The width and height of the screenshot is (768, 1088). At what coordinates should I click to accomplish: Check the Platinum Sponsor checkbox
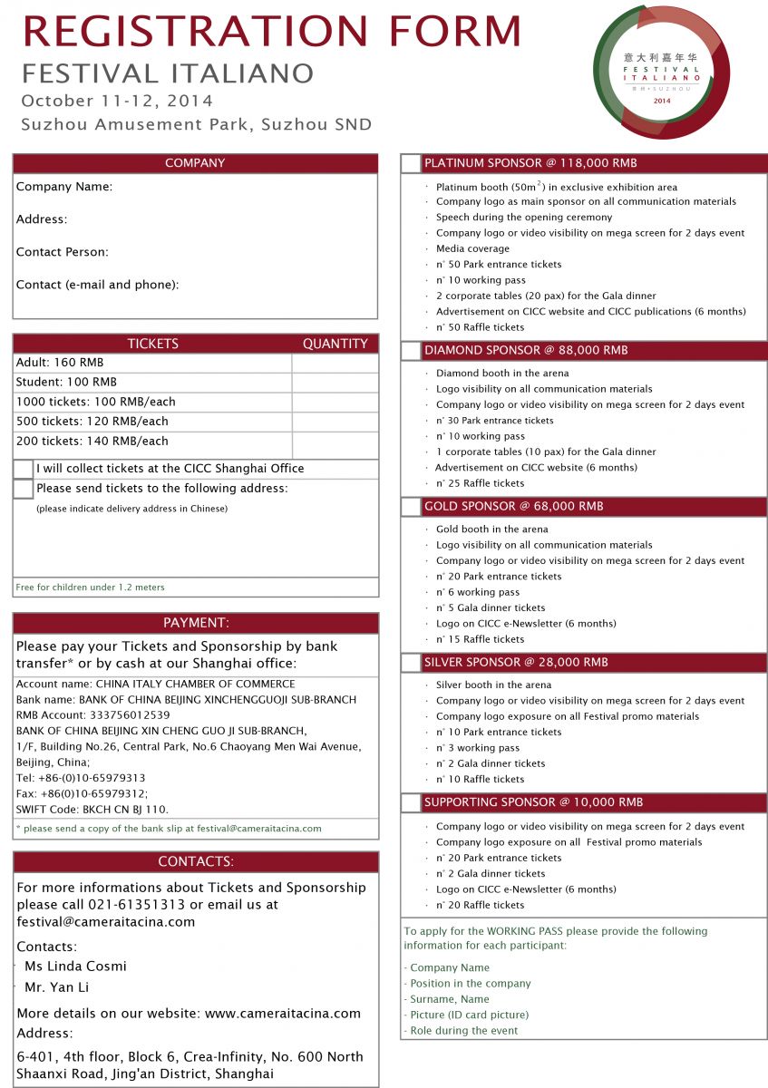[x=411, y=164]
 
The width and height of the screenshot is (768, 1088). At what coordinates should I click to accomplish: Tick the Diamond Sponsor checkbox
[x=411, y=351]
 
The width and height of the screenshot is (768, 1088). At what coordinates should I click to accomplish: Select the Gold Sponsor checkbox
[x=411, y=507]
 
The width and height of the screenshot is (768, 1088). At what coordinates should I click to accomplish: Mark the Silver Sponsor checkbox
[x=411, y=663]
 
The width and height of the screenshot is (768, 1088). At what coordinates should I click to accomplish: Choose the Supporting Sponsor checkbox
[x=411, y=802]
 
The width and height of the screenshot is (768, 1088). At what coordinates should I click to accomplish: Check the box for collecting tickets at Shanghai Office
[x=23, y=469]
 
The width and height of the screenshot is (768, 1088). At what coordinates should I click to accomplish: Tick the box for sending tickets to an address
[x=23, y=489]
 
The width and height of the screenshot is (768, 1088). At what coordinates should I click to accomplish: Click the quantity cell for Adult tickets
[x=335, y=363]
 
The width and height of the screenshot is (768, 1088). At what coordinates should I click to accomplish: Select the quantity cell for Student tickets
[x=335, y=383]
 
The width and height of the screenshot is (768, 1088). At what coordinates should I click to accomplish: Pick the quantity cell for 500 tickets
[x=335, y=422]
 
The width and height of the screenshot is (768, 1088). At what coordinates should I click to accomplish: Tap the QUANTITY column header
[x=335, y=344]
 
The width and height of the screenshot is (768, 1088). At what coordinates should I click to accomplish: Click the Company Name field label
[x=64, y=187]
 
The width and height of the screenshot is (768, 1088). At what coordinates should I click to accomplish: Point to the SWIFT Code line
[x=92, y=810]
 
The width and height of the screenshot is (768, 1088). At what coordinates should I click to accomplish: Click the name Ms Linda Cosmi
[x=75, y=967]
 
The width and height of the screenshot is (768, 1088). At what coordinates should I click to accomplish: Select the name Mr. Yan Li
[x=57, y=987]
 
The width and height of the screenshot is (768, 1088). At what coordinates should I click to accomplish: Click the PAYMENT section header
[x=196, y=623]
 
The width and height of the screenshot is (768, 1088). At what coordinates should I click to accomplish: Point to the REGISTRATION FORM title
[x=272, y=31]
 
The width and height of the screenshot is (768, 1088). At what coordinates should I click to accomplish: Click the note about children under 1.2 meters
[x=90, y=588]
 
